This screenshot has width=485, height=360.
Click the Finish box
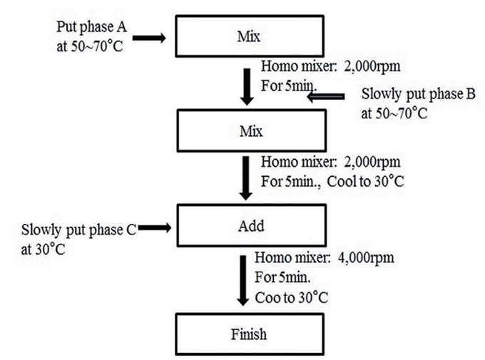(250, 334)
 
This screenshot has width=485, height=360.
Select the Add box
(252, 225)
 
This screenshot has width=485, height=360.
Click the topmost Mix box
(250, 36)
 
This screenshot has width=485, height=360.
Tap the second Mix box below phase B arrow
(252, 130)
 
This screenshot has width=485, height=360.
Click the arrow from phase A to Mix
(149, 38)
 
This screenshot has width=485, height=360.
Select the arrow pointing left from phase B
(326, 97)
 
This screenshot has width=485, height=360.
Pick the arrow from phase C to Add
(155, 228)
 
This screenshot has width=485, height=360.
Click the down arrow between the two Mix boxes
(247, 87)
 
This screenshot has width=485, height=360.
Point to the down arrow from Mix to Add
(246, 178)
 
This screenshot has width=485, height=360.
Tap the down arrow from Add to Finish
(243, 281)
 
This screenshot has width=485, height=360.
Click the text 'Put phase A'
(91, 27)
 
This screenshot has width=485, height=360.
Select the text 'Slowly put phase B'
(418, 94)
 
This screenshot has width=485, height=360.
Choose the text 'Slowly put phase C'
(79, 230)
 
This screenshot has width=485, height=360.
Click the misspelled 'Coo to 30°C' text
(292, 297)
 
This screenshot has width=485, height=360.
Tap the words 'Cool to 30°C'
(366, 181)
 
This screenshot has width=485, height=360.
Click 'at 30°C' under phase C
(43, 250)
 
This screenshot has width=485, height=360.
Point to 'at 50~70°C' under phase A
(90, 46)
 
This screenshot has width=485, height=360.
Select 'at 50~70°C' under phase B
(394, 113)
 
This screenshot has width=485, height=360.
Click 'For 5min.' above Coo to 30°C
(282, 277)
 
